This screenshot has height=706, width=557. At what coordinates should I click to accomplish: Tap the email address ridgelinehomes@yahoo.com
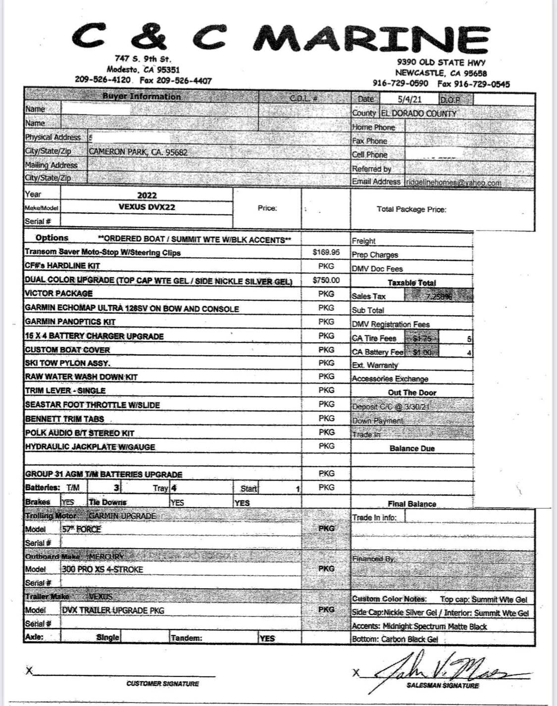(454, 183)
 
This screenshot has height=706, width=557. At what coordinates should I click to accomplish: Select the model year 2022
(147, 195)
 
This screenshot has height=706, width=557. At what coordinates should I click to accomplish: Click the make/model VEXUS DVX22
(147, 207)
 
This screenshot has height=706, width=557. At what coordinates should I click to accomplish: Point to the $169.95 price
(326, 252)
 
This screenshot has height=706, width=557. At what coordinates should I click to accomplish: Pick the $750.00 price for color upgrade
(326, 280)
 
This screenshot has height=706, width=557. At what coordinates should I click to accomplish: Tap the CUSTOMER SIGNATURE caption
(162, 684)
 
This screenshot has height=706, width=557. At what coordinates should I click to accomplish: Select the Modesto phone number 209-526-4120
(103, 80)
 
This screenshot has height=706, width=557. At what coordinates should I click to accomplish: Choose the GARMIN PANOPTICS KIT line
(70, 322)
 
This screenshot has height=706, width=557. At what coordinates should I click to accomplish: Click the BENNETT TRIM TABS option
(65, 419)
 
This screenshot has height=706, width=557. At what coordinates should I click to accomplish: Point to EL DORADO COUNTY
(418, 113)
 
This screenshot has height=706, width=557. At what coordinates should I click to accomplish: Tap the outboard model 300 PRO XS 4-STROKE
(102, 569)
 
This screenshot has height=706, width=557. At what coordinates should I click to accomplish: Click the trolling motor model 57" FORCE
(82, 529)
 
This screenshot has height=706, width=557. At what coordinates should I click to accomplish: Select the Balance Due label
(412, 449)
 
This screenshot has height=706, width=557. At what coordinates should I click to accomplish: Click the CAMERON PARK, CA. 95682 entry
(138, 152)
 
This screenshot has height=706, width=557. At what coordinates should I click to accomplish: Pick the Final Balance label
(412, 504)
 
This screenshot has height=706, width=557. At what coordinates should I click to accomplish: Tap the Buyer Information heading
(142, 96)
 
